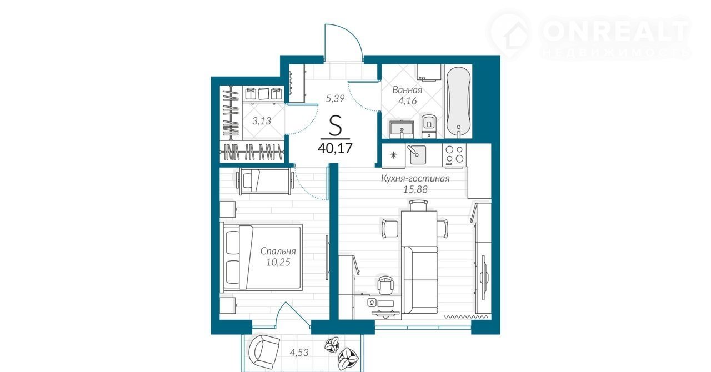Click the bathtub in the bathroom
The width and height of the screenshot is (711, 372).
click(x=459, y=102)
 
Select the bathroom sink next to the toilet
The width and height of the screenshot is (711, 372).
click(x=402, y=129)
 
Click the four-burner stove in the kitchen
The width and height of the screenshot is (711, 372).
click(x=454, y=154)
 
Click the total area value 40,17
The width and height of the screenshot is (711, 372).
click(x=335, y=148)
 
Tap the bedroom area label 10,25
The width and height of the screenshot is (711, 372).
click(x=278, y=262)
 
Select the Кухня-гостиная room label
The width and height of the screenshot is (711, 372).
click(x=415, y=178)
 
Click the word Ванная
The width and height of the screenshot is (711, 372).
click(x=407, y=90)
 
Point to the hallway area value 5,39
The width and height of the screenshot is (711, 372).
click(x=335, y=98)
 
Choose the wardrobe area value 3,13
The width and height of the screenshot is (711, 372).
click(x=262, y=120)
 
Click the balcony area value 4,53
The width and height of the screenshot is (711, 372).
click(x=299, y=353)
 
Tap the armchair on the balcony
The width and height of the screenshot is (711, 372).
click(x=264, y=351)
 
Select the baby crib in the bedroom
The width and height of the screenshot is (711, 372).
click(x=264, y=181)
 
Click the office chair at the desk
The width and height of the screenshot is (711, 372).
click(x=385, y=284)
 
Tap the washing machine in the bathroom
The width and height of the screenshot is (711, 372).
click(x=429, y=72)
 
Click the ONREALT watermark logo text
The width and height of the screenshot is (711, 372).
click(x=616, y=31)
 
